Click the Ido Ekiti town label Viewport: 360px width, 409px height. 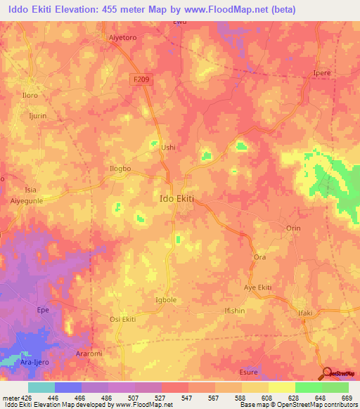point(173,198)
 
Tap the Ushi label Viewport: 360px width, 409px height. point(168,148)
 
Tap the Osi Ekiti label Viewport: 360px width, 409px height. point(122,320)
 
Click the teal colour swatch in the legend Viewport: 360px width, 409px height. point(41,387)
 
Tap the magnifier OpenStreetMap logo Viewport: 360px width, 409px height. point(328,372)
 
